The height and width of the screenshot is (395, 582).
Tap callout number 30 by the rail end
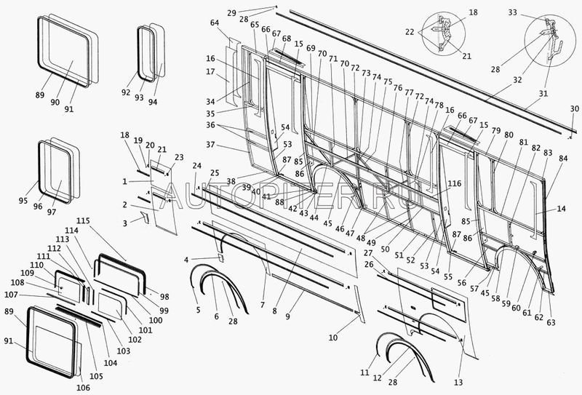[574, 108]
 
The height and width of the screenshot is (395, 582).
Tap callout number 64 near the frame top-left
[215, 23]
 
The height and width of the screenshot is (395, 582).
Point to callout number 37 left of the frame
[211, 144]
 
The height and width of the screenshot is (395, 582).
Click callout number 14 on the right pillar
[561, 210]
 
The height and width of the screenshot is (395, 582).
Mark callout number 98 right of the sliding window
[164, 298]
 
